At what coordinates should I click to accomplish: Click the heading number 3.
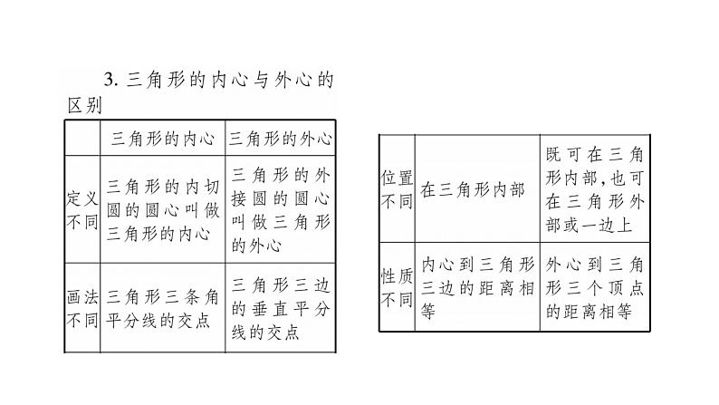pyautogui.click(x=109, y=80)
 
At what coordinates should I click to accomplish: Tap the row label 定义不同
pyautogui.click(x=81, y=210)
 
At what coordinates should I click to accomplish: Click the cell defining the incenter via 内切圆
pyautogui.click(x=162, y=210)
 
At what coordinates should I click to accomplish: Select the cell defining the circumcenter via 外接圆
pyautogui.click(x=279, y=210)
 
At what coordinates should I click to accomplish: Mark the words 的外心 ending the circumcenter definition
pyautogui.click(x=257, y=245)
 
